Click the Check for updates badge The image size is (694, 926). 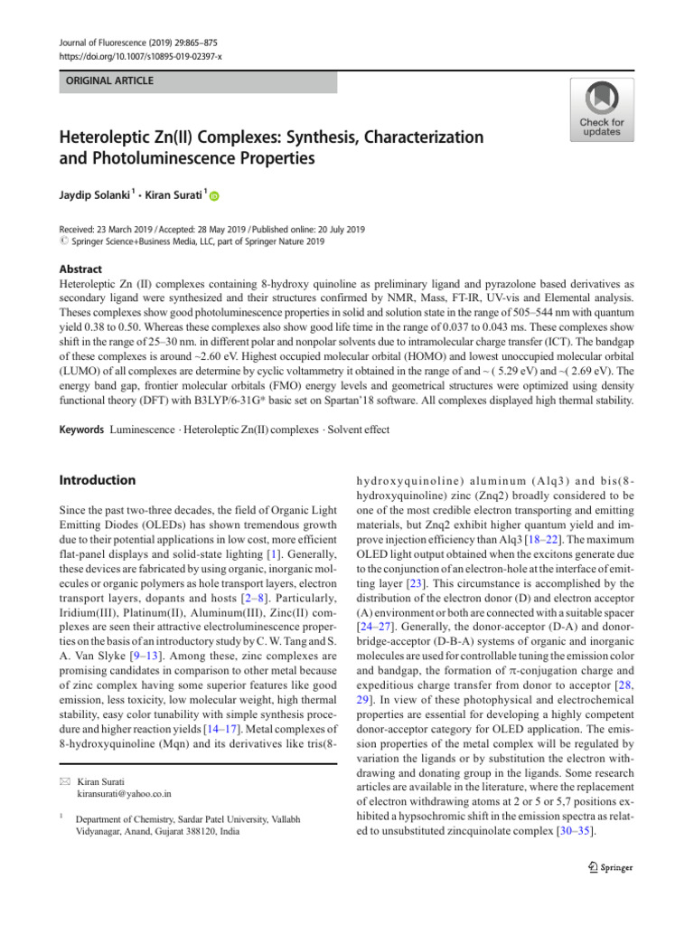coord(601,109)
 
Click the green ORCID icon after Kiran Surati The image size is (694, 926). coord(215,196)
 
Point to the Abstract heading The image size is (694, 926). coord(80,269)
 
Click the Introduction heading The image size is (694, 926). coord(97,480)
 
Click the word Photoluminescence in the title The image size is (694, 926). coord(167,159)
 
